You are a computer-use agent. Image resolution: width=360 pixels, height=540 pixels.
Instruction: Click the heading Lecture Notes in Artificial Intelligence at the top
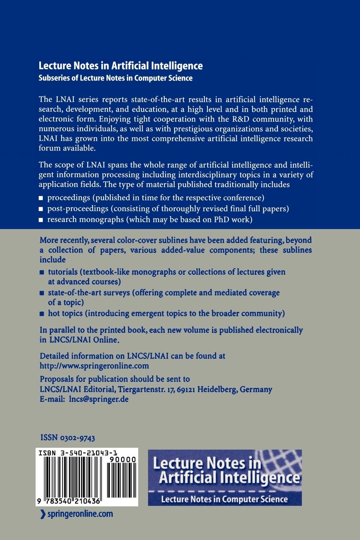120,66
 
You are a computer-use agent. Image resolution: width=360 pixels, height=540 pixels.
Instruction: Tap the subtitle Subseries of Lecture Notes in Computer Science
116,78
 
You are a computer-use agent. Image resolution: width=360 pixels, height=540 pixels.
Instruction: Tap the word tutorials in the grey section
63,272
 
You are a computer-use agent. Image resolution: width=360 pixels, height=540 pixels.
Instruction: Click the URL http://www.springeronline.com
94,366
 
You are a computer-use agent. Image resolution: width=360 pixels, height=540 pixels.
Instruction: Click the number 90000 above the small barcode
126,459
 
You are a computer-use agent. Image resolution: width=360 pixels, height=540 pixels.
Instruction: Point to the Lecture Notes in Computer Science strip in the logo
224,499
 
